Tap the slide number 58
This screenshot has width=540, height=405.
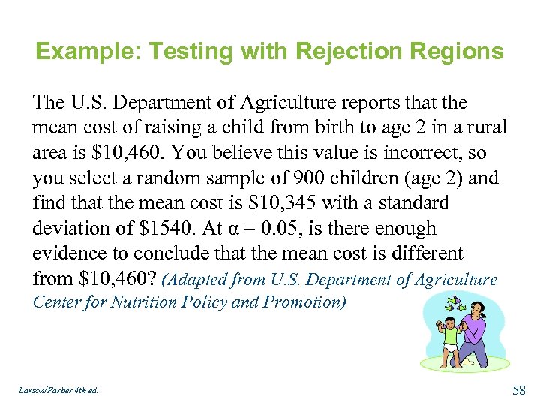(518, 389)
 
